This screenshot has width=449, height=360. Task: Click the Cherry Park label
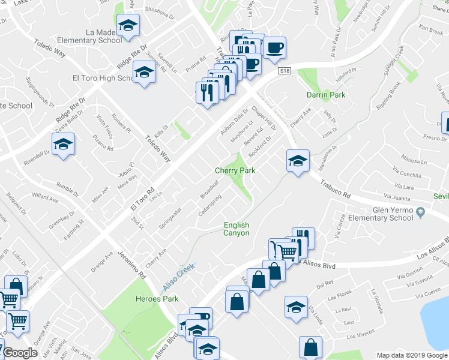pos(235,170)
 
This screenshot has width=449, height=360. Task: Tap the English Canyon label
pos(237,229)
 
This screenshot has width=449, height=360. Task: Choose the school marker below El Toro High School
pos(144,73)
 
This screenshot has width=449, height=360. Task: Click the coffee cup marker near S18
pos(274,47)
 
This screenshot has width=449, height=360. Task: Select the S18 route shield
pos(285,71)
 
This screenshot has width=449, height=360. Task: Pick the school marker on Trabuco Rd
pos(297,160)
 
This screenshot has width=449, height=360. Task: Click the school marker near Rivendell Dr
pos(62,145)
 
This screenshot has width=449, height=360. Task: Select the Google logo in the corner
pos(20,353)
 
